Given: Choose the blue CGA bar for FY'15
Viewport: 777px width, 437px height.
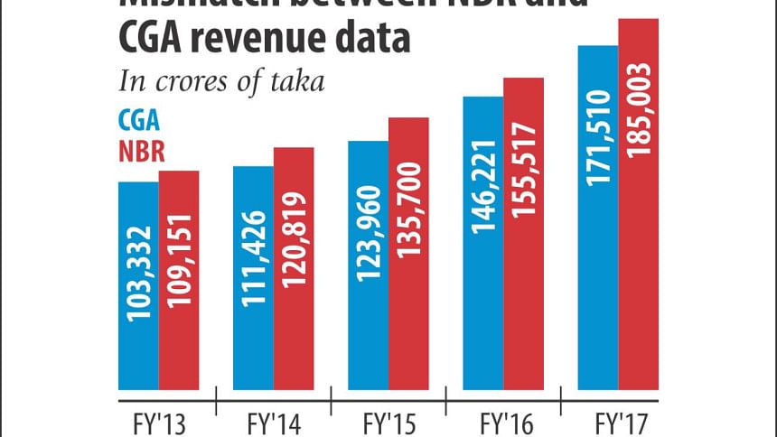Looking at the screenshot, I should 368,265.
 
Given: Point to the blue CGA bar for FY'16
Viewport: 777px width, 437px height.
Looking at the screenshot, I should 482,243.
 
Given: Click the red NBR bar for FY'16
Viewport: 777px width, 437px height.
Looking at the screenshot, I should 523,234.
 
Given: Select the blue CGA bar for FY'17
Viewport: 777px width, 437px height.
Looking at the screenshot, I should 597,217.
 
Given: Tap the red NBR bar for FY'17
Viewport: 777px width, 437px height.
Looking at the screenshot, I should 639,204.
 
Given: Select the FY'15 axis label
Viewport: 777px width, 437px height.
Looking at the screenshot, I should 389,422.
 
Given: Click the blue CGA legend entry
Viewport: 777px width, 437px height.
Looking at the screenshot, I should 140,123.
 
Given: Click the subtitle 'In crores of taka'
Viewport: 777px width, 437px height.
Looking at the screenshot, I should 222,80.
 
